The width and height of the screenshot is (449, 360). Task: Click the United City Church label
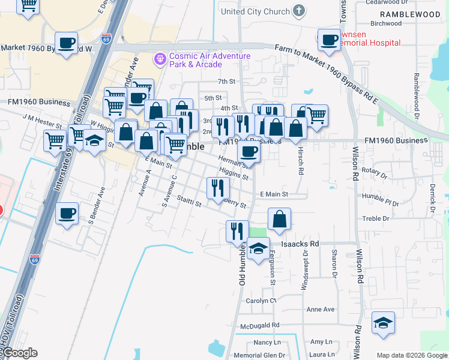[x=255, y=11]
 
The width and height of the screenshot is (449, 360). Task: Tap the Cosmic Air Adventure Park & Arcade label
[x=209, y=60]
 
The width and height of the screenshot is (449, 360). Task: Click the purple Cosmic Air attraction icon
[x=160, y=59]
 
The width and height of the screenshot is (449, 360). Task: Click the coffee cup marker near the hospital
[x=328, y=40]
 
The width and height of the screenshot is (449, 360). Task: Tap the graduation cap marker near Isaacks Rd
[x=258, y=248]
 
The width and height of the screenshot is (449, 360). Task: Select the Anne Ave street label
[x=320, y=310]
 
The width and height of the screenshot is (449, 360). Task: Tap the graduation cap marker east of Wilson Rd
[x=383, y=323]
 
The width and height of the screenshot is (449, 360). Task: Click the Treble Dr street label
[x=376, y=219]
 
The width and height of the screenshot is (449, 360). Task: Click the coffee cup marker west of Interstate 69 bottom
[x=67, y=213]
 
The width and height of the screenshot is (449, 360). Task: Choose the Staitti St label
[x=189, y=203]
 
